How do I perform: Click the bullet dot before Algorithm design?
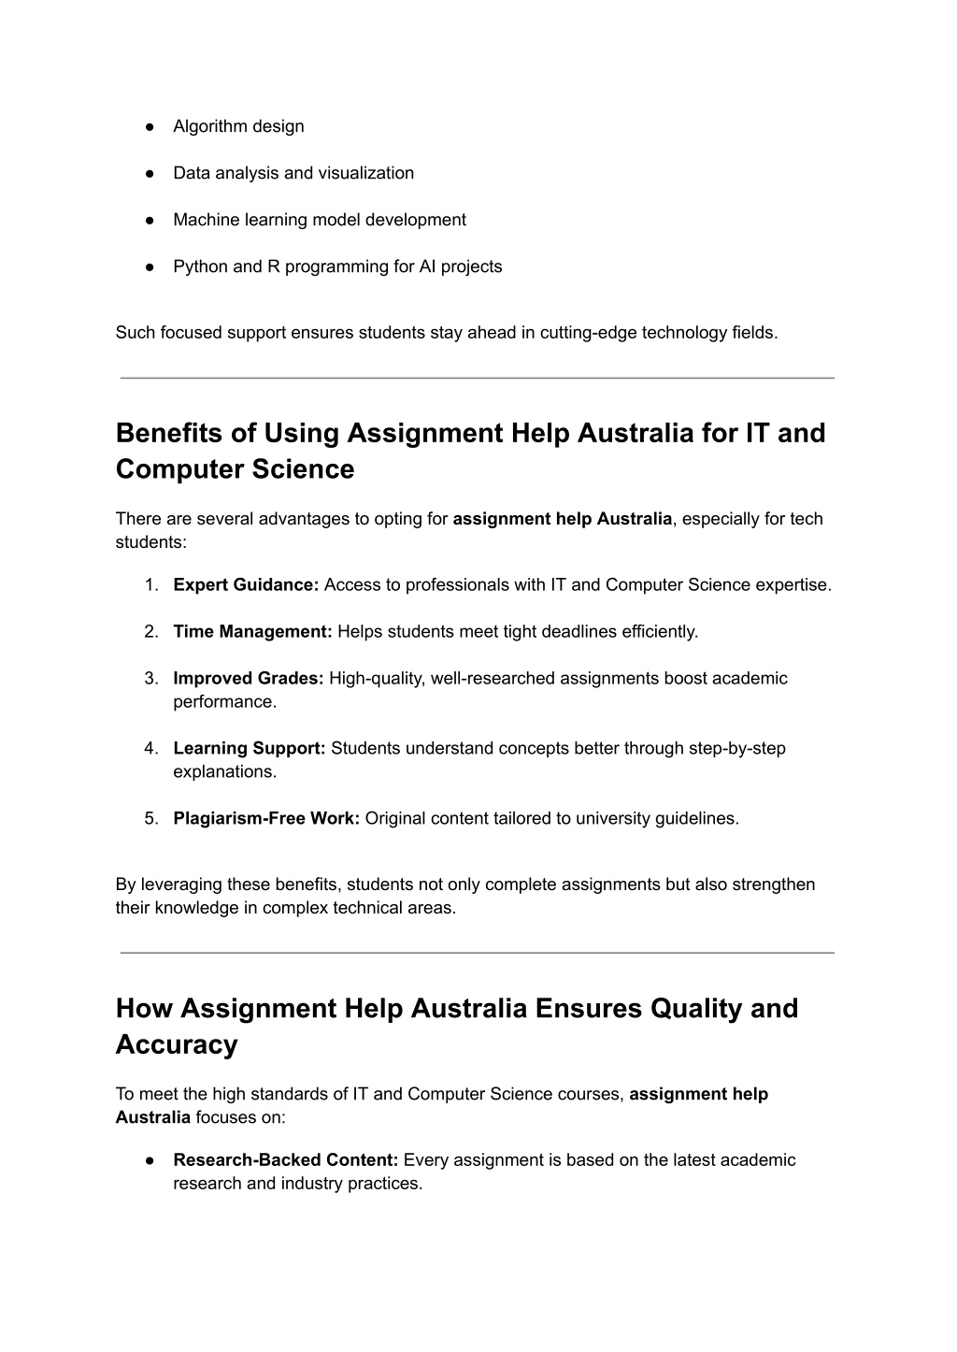tap(149, 126)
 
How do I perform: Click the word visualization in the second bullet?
tap(366, 173)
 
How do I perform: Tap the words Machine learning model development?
tap(319, 220)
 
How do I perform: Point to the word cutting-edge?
tap(588, 332)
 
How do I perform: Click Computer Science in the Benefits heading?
tap(235, 469)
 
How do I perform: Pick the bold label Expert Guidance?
tap(246, 585)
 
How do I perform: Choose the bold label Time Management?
tap(252, 632)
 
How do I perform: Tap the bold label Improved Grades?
tap(248, 679)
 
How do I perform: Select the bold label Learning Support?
tap(249, 749)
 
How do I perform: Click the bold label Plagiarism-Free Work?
tap(266, 819)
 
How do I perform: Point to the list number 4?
tap(150, 749)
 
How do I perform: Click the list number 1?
tap(150, 585)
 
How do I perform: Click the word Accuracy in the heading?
tap(177, 1044)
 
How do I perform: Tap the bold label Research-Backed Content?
tap(286, 1160)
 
